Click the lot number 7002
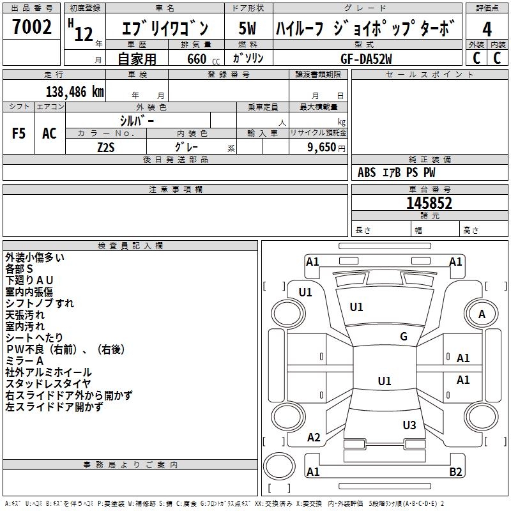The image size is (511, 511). tap(32, 27)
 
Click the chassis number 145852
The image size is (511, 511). tap(429, 203)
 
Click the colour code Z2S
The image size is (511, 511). tap(106, 147)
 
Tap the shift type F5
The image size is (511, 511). tap(19, 133)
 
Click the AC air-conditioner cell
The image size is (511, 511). tap(49, 133)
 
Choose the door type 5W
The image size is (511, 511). tap(247, 28)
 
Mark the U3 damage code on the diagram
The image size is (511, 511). tap(409, 425)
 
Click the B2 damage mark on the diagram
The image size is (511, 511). tap(455, 472)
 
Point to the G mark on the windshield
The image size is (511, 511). tap(404, 337)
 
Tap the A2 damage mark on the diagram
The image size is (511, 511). tap(314, 438)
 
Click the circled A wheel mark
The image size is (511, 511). tap(482, 314)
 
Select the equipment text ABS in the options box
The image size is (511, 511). tap(367, 172)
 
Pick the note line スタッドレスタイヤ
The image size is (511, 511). tap(49, 384)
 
